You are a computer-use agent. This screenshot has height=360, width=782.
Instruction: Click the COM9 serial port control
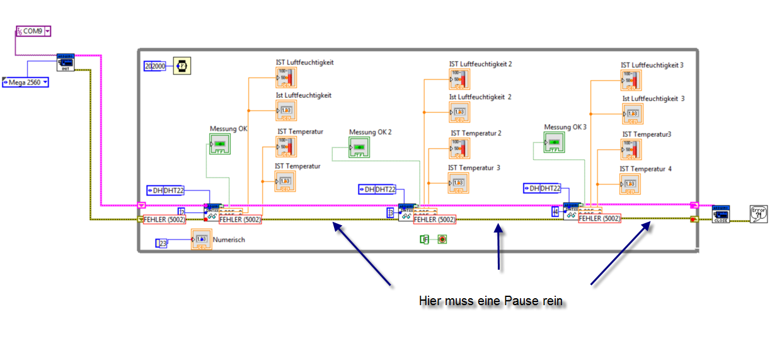click(x=33, y=31)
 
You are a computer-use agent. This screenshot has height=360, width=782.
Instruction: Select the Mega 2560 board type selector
click(x=26, y=82)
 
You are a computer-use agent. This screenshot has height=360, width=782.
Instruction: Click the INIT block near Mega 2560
click(x=66, y=62)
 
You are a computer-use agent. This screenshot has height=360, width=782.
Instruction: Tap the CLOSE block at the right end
click(x=721, y=214)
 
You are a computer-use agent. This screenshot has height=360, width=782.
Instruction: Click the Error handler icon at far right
click(x=758, y=214)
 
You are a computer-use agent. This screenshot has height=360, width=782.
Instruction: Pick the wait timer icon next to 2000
click(x=181, y=66)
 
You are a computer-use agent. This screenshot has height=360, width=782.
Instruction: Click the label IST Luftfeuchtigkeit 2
click(x=480, y=64)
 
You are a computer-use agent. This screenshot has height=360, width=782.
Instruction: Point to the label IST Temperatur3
click(x=647, y=134)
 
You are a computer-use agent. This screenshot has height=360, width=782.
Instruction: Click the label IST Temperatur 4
click(x=646, y=168)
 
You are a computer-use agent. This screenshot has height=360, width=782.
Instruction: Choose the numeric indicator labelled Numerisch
click(x=202, y=240)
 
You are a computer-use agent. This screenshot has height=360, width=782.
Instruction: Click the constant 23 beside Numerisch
click(x=162, y=243)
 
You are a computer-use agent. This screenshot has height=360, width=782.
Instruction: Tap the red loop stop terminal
click(x=442, y=240)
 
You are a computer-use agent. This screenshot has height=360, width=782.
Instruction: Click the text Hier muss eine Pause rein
click(x=490, y=301)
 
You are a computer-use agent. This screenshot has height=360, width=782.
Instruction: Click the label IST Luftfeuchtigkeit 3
click(x=652, y=65)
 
